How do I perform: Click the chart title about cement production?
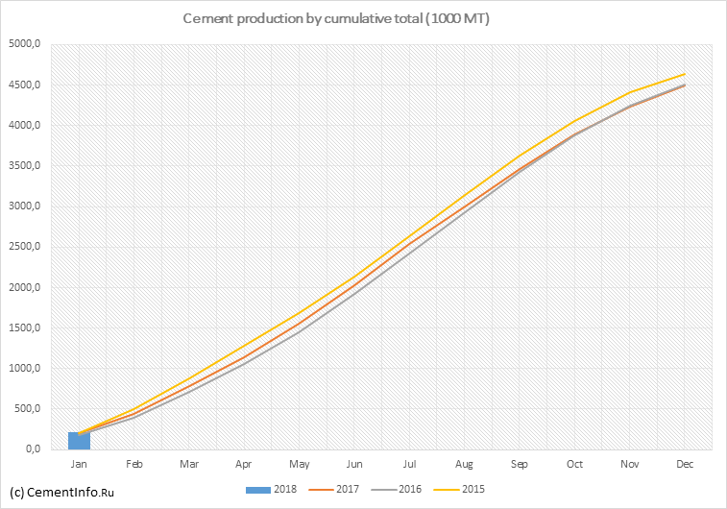[x=335, y=19]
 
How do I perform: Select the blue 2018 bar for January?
[x=79, y=441]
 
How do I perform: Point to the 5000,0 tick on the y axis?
[x=25, y=44]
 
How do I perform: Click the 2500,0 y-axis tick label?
[x=25, y=247]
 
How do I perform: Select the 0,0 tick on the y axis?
[x=32, y=449]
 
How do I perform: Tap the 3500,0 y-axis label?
[x=25, y=166]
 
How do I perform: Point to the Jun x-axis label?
[x=353, y=464]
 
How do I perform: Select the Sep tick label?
[x=519, y=464]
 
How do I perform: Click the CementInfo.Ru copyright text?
[x=61, y=493]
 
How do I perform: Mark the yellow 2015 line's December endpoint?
[x=683, y=74]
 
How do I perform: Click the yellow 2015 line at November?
[x=628, y=93]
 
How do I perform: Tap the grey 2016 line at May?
[x=299, y=332]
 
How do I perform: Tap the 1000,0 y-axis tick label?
[x=25, y=369]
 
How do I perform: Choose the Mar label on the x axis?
[x=189, y=464]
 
